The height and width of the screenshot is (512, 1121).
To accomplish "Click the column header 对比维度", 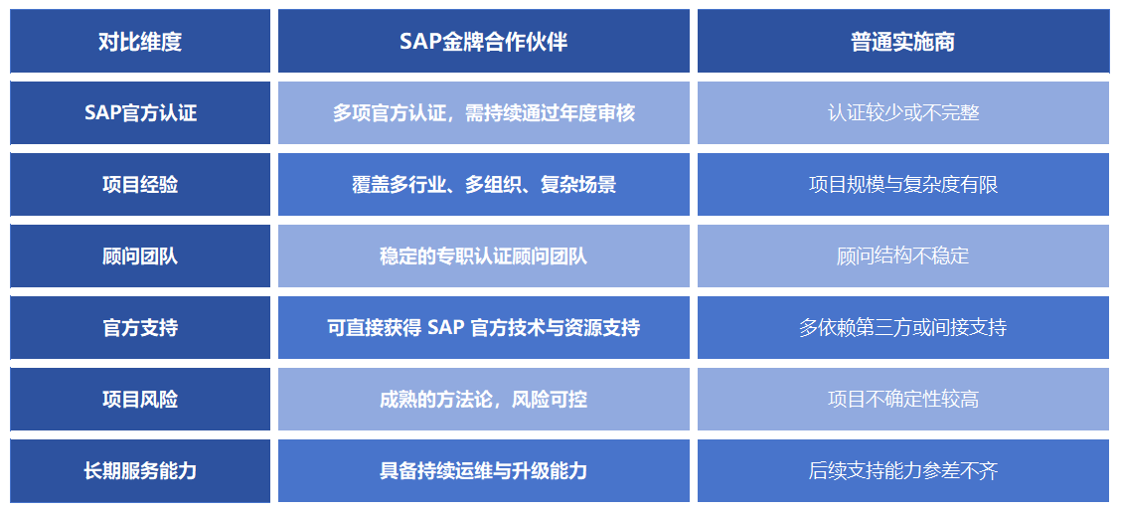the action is pyautogui.click(x=140, y=42).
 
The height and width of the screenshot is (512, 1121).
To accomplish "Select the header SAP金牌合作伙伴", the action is pyautogui.click(x=483, y=42).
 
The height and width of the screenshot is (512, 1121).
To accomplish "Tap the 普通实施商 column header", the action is pyautogui.click(x=903, y=42).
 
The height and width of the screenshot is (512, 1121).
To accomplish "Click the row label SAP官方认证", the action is pyautogui.click(x=140, y=113).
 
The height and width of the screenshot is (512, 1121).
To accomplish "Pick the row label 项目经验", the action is pyautogui.click(x=140, y=185).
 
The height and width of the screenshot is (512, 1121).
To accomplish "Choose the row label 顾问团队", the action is pyautogui.click(x=140, y=256).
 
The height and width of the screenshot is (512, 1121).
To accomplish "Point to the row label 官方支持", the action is pyautogui.click(x=140, y=327).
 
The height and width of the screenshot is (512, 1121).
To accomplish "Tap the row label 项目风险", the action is pyautogui.click(x=140, y=399).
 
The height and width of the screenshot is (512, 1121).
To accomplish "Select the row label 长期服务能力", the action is pyautogui.click(x=140, y=470).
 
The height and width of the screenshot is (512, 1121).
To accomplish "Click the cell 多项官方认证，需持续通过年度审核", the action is pyautogui.click(x=483, y=113).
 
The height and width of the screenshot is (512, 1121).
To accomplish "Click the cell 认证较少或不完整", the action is pyautogui.click(x=903, y=113).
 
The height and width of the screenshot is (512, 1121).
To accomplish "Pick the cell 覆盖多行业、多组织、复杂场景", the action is pyautogui.click(x=483, y=185).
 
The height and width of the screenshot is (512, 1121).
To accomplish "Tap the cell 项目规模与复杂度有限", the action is pyautogui.click(x=903, y=185).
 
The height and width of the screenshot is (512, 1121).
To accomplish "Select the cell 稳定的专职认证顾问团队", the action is pyautogui.click(x=483, y=256).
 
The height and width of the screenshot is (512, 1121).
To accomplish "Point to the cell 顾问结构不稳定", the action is pyautogui.click(x=903, y=256).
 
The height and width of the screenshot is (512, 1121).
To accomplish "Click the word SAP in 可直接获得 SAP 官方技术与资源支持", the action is pyautogui.click(x=446, y=327).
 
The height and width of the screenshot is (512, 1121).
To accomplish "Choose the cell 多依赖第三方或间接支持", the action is pyautogui.click(x=903, y=327).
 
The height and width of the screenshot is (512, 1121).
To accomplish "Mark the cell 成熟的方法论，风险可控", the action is pyautogui.click(x=483, y=399).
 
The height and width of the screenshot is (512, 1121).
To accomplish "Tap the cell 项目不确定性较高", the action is pyautogui.click(x=903, y=399).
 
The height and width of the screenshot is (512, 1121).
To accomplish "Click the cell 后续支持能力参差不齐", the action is pyautogui.click(x=903, y=470).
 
